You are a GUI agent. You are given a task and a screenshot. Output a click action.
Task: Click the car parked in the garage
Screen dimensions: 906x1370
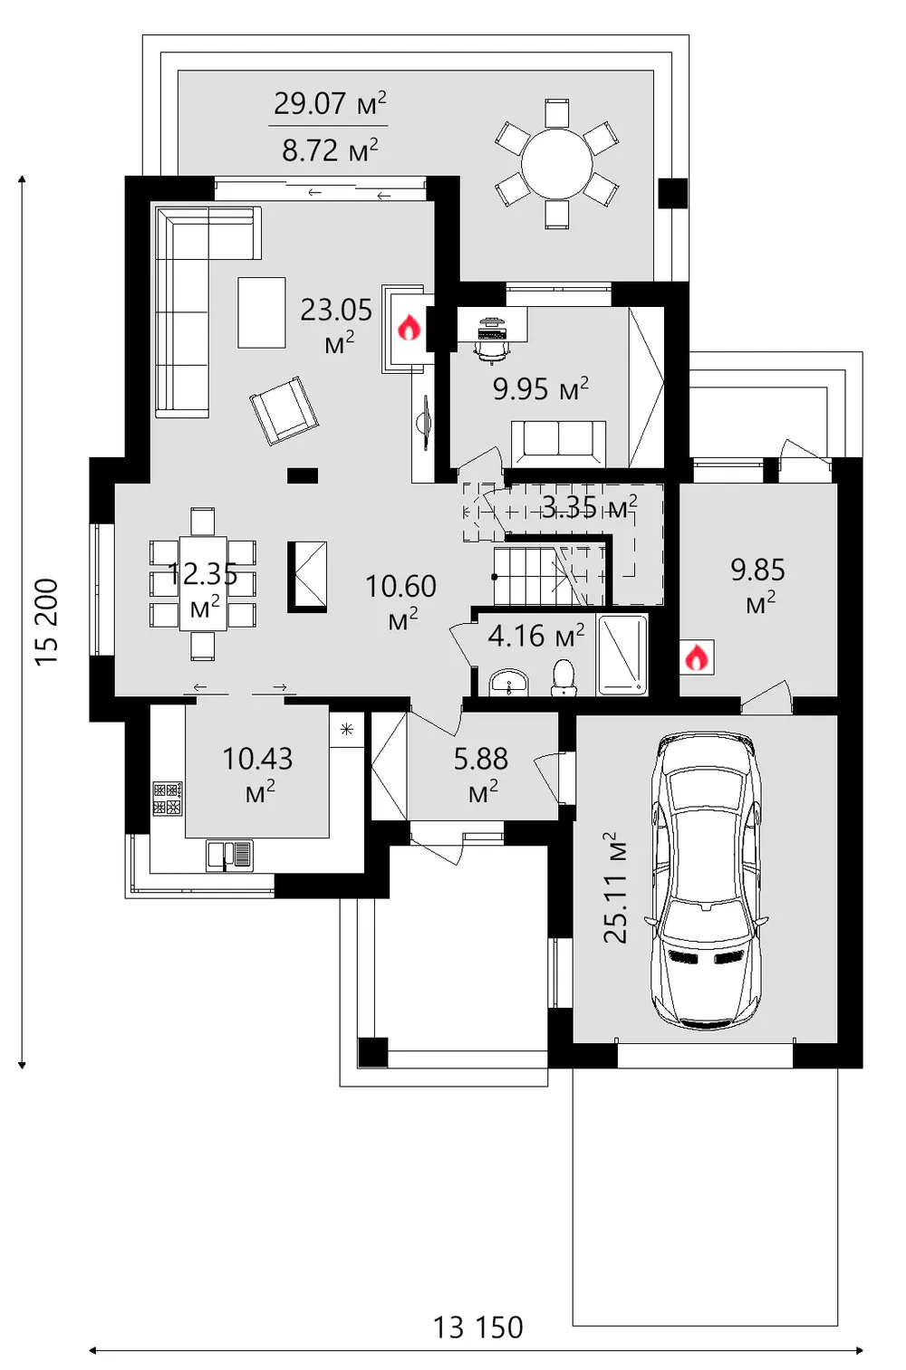(x=707, y=881)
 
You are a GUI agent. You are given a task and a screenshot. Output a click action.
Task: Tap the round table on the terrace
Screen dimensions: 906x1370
(x=556, y=164)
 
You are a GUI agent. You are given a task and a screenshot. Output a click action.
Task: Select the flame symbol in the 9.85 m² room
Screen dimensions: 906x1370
(x=697, y=657)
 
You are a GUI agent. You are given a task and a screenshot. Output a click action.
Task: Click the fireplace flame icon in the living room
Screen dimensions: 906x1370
(x=410, y=327)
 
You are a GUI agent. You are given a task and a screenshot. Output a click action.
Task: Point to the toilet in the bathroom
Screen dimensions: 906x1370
(x=564, y=677)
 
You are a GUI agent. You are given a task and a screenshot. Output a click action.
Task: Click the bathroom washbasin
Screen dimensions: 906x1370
(x=509, y=682)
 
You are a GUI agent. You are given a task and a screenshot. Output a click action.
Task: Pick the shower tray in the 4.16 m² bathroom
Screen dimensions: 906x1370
(x=622, y=655)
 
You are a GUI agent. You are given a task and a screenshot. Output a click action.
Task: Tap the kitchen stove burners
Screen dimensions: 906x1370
(x=168, y=799)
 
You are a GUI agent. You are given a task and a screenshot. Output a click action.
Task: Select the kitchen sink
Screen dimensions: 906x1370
(x=229, y=855)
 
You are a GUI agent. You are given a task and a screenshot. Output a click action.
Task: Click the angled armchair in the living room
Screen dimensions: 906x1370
(x=284, y=410)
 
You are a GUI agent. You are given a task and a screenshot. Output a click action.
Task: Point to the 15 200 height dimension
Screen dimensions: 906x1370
(x=46, y=622)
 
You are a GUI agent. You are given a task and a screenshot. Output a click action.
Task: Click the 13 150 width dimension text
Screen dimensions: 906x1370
(x=477, y=1327)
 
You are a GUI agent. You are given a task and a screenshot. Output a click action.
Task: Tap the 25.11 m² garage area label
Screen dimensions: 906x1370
(x=615, y=887)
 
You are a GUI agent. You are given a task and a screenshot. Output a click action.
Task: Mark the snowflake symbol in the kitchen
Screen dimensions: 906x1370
(x=347, y=729)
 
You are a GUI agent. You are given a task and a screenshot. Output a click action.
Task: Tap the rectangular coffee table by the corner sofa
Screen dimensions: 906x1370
(x=262, y=312)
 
